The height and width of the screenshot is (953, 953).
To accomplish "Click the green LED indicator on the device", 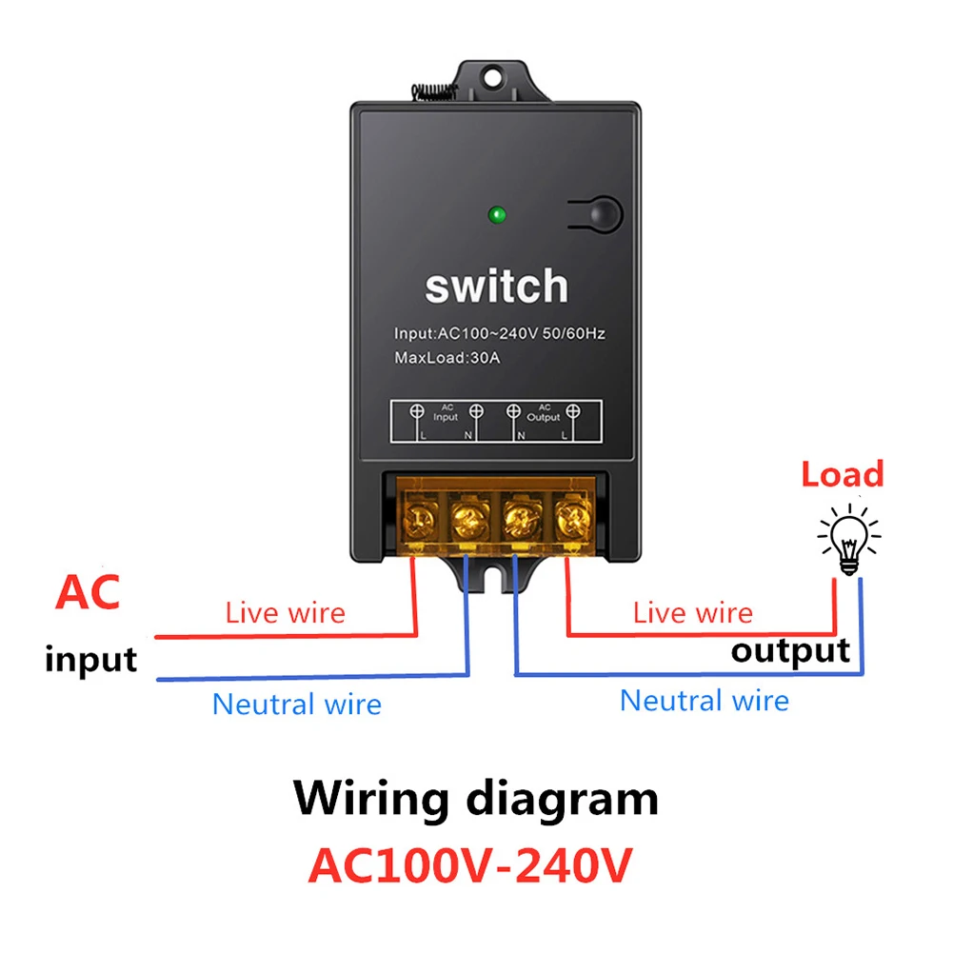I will tap(496, 214).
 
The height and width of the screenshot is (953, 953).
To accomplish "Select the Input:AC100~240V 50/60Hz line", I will tap(500, 334).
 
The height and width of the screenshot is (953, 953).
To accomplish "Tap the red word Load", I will tap(842, 474).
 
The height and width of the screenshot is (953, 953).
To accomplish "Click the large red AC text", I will tap(88, 592).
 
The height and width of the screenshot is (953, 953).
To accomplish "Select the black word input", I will tap(90, 659).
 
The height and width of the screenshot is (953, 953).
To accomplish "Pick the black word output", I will tap(790, 651).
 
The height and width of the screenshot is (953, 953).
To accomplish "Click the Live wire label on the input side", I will tap(285, 612).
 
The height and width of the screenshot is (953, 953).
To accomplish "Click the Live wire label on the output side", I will tap(692, 612).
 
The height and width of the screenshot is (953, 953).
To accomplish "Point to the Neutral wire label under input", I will tap(296, 705).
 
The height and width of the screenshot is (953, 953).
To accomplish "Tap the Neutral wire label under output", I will tap(705, 701).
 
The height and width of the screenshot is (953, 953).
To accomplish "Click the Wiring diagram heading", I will tap(475, 798).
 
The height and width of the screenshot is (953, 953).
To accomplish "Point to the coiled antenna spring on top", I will tap(433, 91).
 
